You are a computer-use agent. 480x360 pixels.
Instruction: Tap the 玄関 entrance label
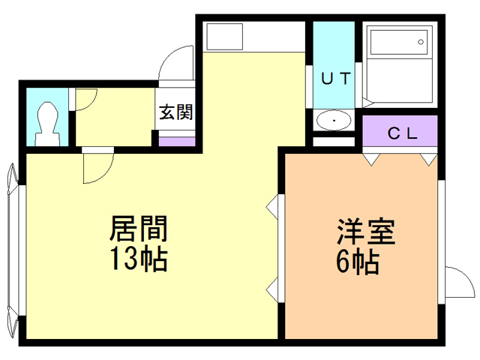click(x=176, y=112)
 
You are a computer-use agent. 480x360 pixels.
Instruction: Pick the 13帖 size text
click(x=138, y=259)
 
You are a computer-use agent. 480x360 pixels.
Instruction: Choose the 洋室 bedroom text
click(x=365, y=230)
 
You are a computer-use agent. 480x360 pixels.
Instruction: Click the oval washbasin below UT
click(x=334, y=121)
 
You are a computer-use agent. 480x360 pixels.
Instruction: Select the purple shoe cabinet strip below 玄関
click(x=177, y=141)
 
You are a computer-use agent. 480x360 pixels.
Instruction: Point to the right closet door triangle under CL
click(x=428, y=158)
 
